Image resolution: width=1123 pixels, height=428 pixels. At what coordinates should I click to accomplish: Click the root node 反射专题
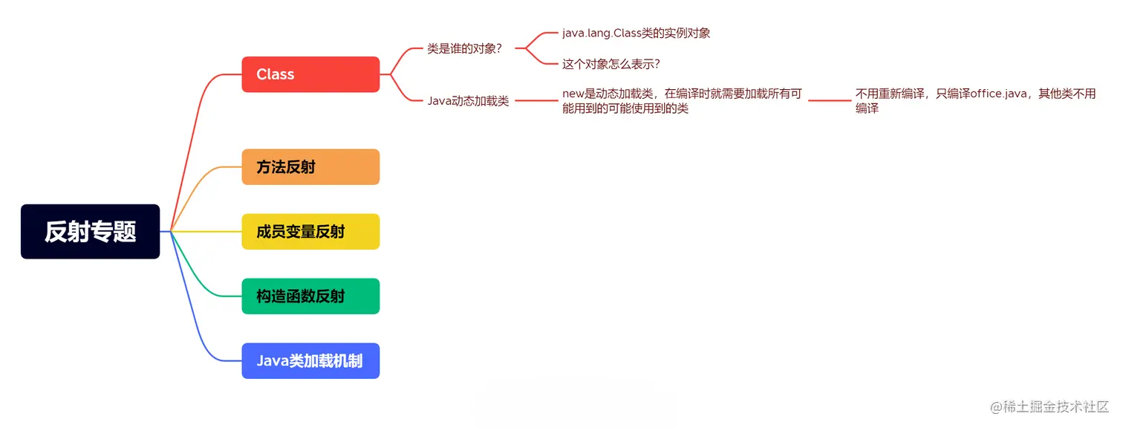click(90, 232)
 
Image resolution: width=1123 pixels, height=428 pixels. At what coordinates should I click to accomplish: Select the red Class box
click(310, 74)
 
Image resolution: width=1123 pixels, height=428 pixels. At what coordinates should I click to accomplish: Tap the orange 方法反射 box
click(310, 167)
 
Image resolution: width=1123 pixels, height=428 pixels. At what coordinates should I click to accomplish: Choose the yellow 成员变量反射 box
click(310, 232)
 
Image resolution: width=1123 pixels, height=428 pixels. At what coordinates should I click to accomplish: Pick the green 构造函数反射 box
click(310, 296)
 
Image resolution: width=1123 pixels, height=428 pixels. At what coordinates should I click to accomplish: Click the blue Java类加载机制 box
click(310, 361)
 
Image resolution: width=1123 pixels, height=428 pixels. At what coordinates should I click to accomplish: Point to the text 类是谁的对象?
click(464, 48)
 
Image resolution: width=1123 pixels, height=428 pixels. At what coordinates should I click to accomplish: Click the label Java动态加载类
click(468, 101)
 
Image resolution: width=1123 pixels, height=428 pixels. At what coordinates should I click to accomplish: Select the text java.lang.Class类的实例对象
click(636, 33)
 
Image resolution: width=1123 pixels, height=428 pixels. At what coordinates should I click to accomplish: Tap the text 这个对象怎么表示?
click(611, 64)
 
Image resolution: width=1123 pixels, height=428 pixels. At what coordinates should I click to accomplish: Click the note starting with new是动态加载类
click(681, 101)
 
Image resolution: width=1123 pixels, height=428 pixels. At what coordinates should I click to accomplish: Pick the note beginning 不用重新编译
click(974, 101)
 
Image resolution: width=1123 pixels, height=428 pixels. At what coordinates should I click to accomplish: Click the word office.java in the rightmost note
click(997, 94)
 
